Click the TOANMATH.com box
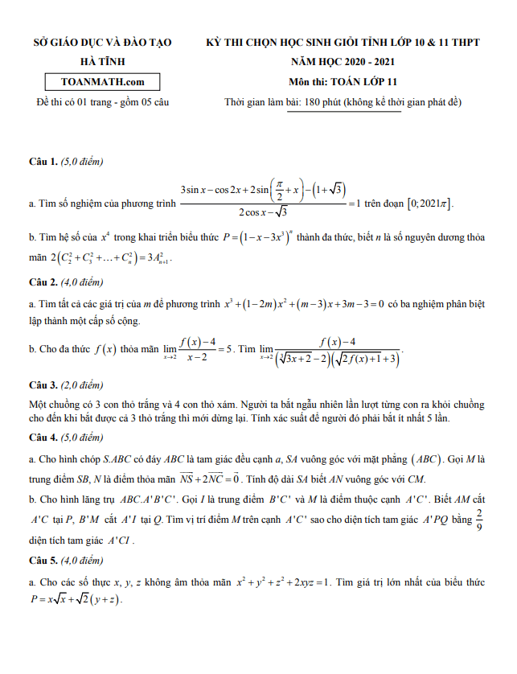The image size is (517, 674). tap(102, 81)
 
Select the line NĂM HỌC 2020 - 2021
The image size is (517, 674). tap(343, 61)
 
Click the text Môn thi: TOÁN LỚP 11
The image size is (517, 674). tap(343, 81)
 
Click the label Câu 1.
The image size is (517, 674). tap(43, 162)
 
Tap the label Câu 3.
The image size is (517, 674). tap(43, 384)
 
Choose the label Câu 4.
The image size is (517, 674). tap(43, 438)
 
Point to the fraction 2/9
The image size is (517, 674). tap(480, 520)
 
